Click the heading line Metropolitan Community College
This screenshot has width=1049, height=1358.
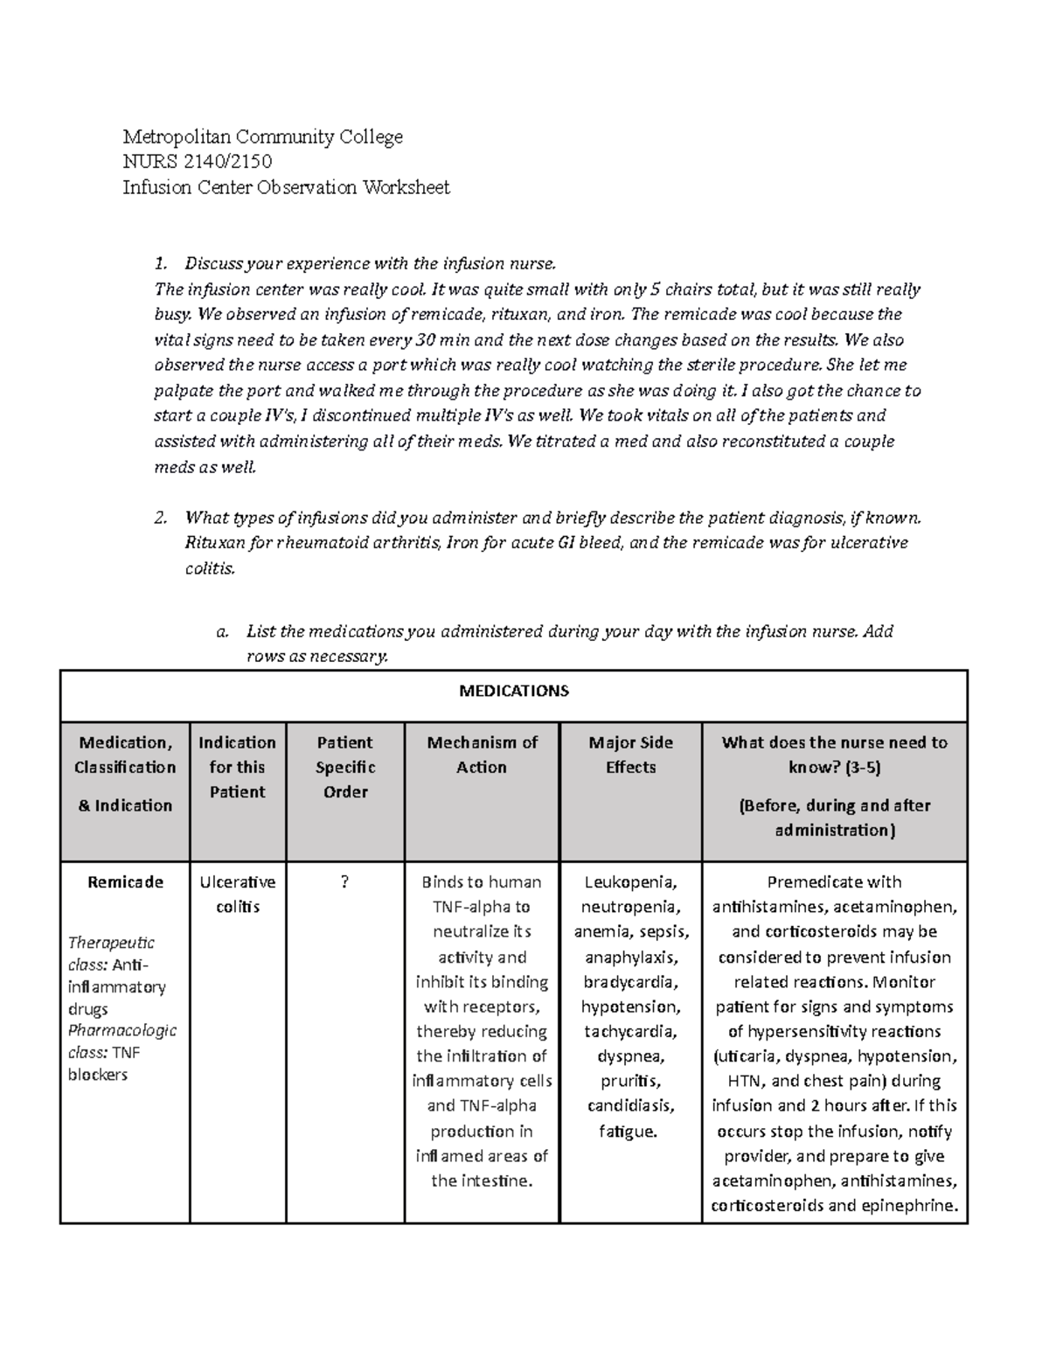click(x=262, y=136)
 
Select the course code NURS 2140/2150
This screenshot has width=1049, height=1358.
click(x=197, y=162)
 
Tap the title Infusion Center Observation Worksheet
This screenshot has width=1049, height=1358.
click(x=286, y=187)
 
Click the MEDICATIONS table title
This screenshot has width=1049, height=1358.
click(x=514, y=691)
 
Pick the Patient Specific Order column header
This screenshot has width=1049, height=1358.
click(x=344, y=767)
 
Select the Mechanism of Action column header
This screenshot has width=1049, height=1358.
click(x=482, y=755)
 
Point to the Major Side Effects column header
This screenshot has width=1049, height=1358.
click(x=630, y=755)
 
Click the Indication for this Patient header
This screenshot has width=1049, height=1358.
click(x=237, y=767)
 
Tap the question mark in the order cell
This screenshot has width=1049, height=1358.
click(x=344, y=882)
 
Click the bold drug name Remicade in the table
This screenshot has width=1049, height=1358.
click(x=125, y=882)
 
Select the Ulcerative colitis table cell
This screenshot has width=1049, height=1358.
click(x=237, y=895)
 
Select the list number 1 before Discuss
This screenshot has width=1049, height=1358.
click(x=159, y=264)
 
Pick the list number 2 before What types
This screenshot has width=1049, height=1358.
click(x=159, y=518)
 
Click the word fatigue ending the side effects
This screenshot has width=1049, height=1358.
click(x=627, y=1132)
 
